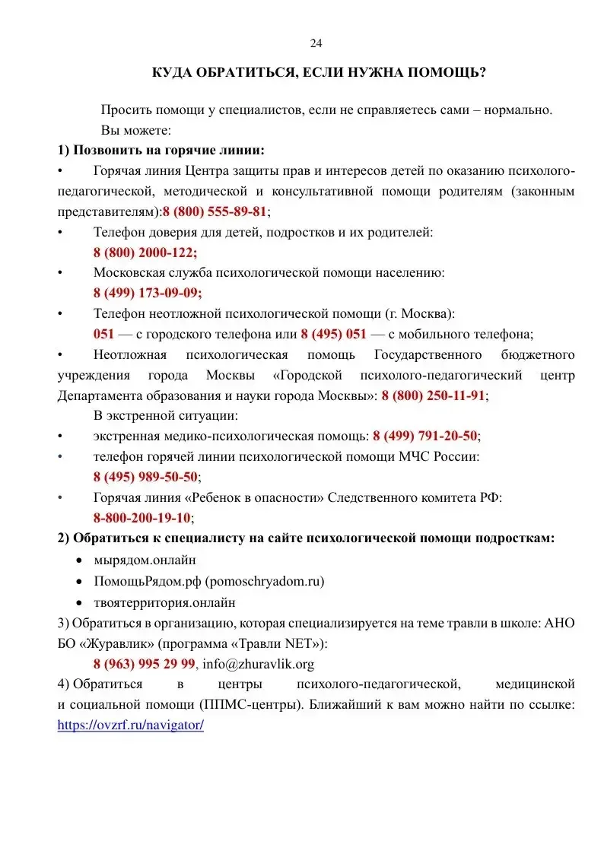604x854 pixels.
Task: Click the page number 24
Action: point(316,43)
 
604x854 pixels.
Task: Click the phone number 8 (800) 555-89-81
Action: point(215,211)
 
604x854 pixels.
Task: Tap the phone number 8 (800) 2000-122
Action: point(145,252)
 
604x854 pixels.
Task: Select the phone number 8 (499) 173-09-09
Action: point(148,292)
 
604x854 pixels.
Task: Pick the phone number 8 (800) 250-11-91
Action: point(433,395)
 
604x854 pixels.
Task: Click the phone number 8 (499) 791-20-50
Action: point(425,436)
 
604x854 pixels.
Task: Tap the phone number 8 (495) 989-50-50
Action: point(145,477)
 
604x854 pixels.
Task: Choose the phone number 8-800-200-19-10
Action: point(141,518)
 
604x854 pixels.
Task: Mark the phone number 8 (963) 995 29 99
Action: point(145,664)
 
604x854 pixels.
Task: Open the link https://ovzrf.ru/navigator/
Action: point(131,725)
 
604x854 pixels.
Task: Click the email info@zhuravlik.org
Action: point(258,664)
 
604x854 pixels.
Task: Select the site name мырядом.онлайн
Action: point(145,560)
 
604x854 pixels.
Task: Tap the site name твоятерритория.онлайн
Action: point(164,602)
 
